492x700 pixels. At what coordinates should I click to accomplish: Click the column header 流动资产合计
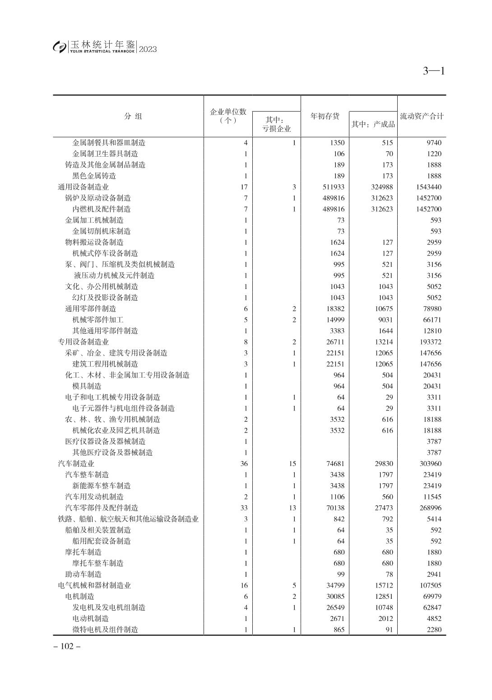point(422,117)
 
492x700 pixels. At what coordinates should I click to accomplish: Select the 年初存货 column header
point(325,117)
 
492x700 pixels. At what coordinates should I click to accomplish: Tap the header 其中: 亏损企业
point(276,124)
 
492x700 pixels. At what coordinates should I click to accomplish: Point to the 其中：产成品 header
point(373,124)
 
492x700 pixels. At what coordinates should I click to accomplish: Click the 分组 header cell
point(133,117)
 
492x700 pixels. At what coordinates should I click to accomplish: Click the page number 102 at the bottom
point(67,646)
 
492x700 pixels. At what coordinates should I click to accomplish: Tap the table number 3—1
point(434,71)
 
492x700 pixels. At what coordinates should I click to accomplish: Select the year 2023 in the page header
point(148,49)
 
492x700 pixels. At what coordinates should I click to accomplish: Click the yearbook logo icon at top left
point(59,47)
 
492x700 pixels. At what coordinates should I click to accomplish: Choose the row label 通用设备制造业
point(83,187)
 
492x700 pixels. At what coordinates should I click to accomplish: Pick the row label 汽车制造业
point(76,464)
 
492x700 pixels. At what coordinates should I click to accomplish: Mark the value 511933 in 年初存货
point(334,187)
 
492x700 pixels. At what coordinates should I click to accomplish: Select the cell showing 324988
point(381,187)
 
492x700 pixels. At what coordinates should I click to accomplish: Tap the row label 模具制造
point(87,386)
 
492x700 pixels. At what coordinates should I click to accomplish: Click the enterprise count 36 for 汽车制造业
point(244,464)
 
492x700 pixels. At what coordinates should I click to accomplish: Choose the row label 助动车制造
point(84,574)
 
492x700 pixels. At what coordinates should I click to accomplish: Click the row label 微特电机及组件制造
point(105,630)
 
